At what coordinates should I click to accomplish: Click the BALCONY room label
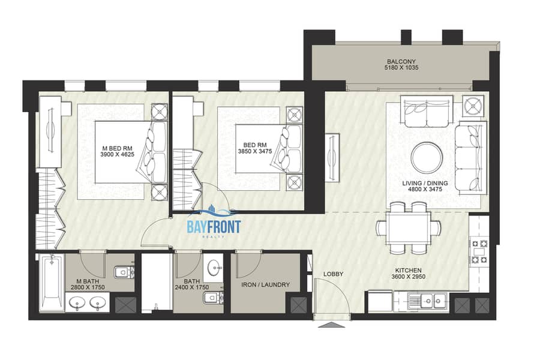(x=401, y=62)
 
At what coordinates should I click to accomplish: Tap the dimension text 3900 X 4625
(x=117, y=155)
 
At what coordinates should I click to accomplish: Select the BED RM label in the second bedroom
(x=255, y=145)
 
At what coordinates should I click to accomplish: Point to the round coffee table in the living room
(x=427, y=158)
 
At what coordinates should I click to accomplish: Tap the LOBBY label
(x=333, y=274)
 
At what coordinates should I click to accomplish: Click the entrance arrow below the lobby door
(x=331, y=325)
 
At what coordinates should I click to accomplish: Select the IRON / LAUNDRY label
(x=265, y=285)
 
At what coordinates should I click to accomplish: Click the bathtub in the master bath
(x=51, y=283)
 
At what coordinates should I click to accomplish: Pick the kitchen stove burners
(x=479, y=251)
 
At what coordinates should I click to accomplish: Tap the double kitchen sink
(x=427, y=301)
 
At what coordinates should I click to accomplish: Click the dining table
(x=408, y=229)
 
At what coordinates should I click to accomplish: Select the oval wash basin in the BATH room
(x=215, y=266)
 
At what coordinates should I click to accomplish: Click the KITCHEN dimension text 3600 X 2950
(x=408, y=277)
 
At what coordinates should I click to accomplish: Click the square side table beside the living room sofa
(x=473, y=106)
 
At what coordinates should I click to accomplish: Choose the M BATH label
(x=88, y=281)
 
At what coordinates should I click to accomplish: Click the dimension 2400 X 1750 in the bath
(x=192, y=287)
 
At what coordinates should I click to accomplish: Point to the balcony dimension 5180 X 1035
(x=401, y=68)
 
